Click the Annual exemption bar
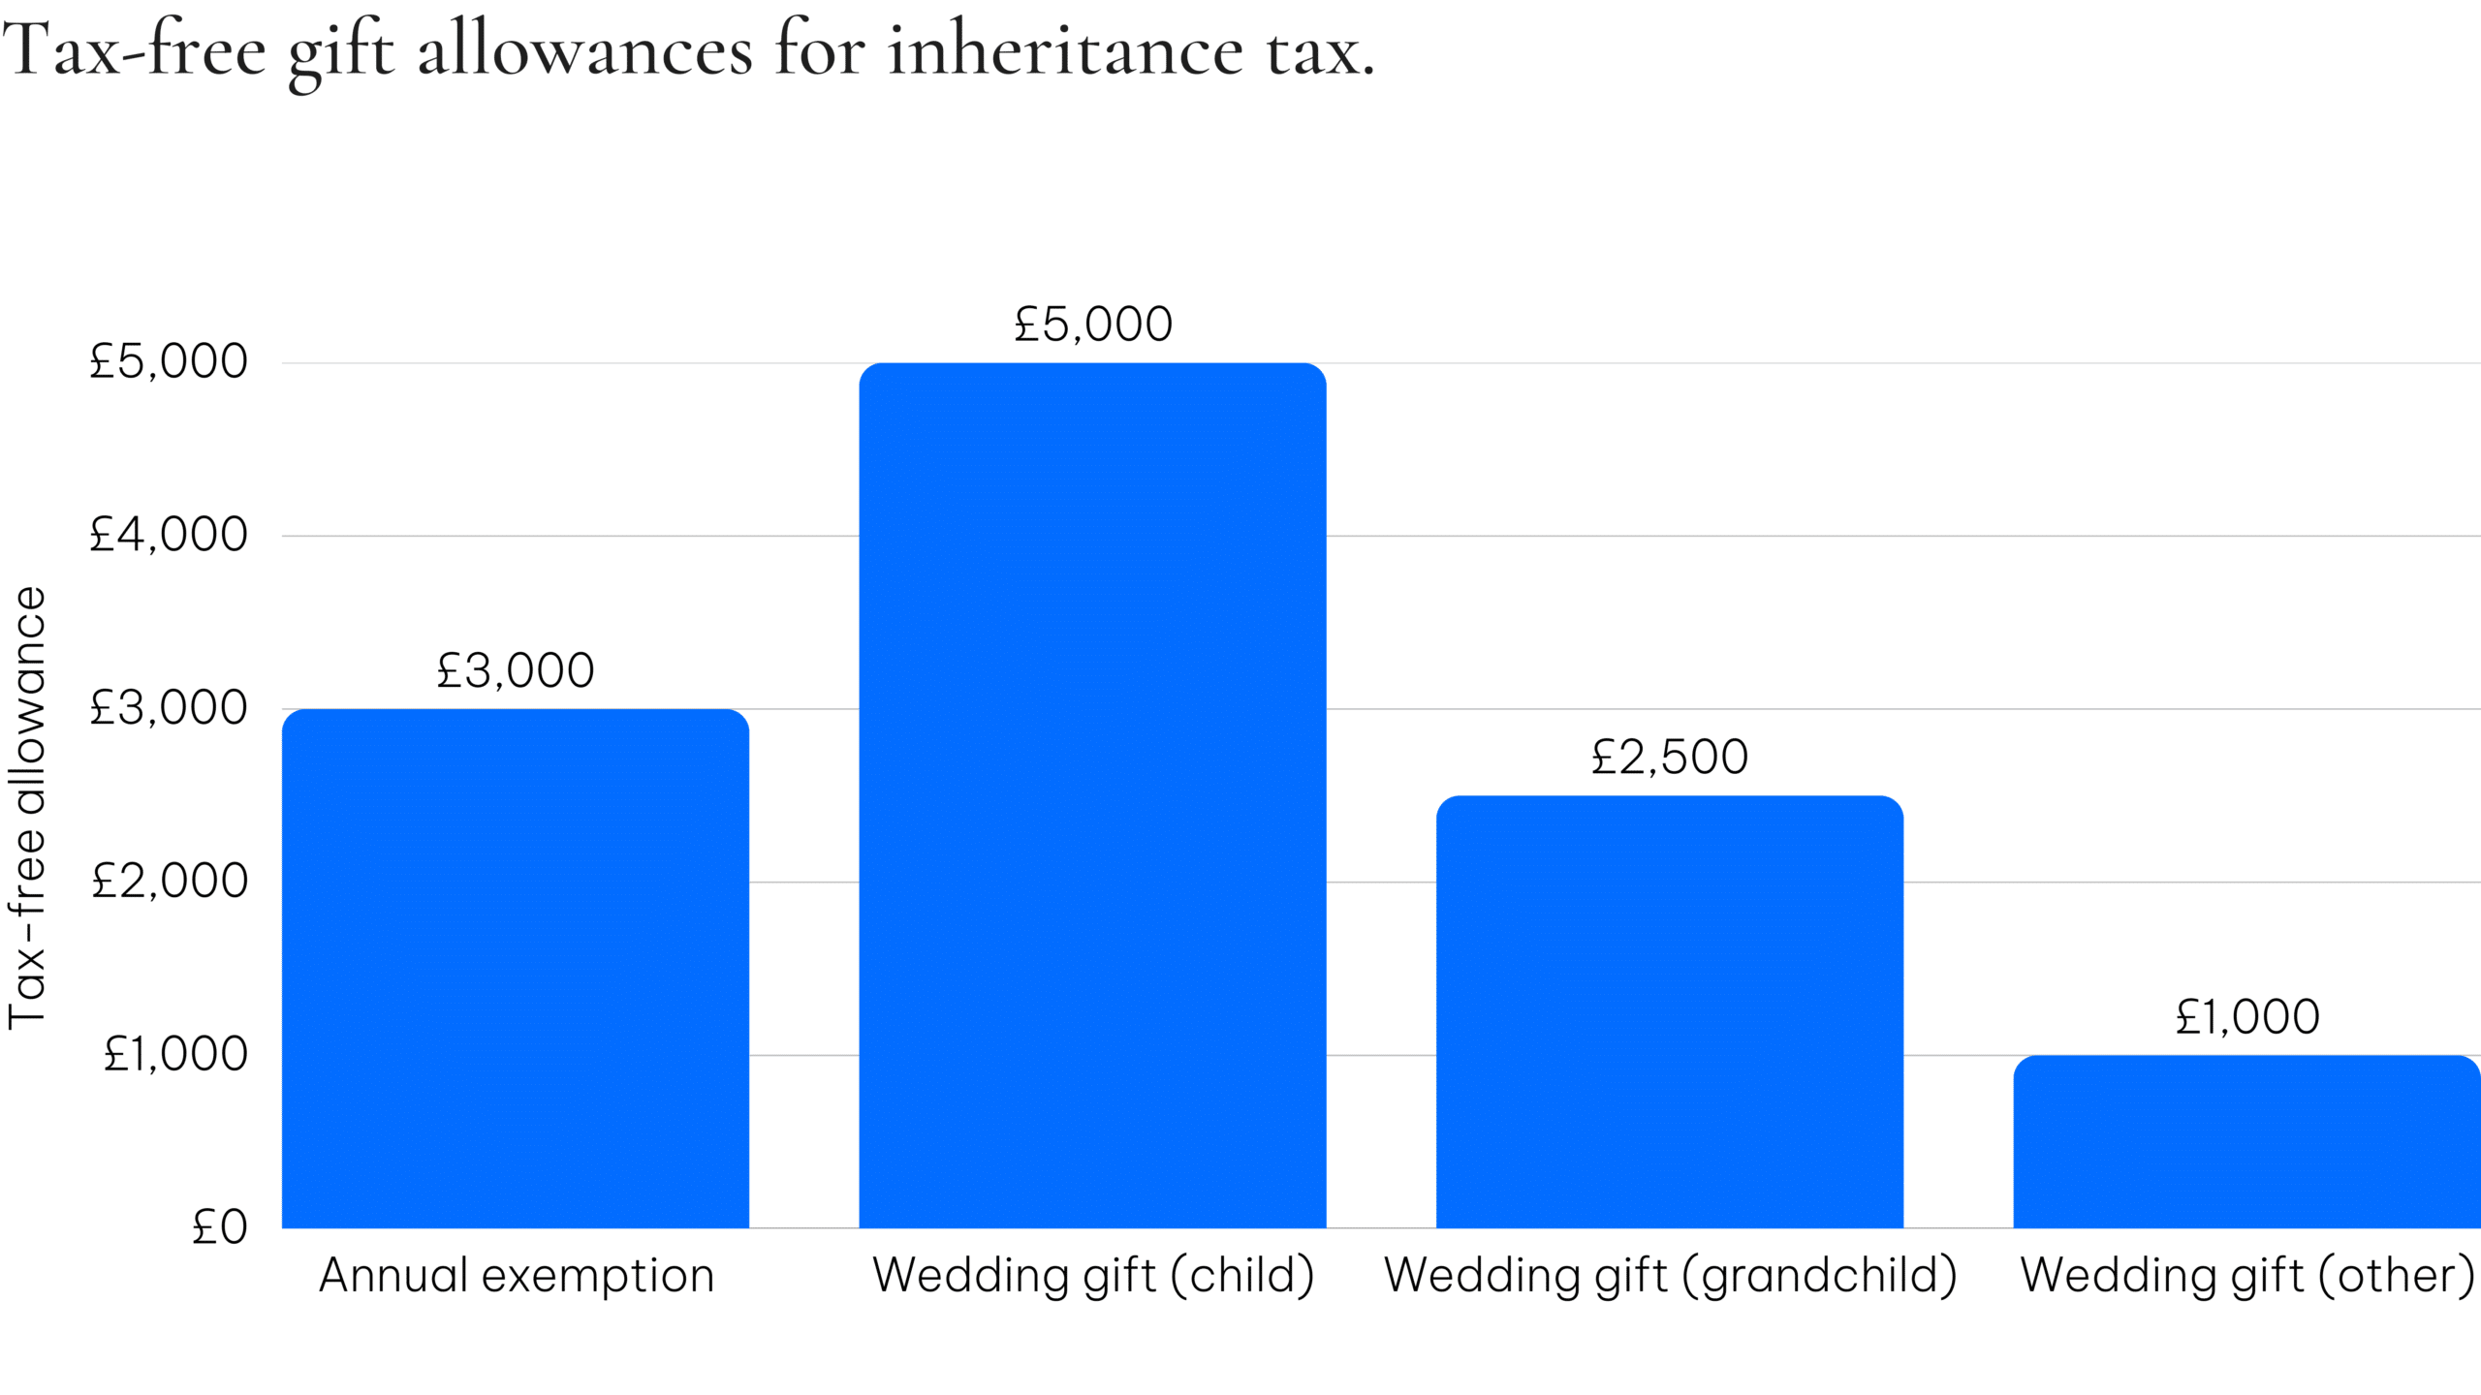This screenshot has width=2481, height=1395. (x=515, y=969)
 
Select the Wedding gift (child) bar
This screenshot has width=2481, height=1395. (x=1092, y=794)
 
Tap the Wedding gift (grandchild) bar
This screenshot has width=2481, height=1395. (x=1669, y=1011)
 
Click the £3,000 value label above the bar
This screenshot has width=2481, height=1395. (x=515, y=670)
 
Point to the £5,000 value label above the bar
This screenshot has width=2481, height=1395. (x=1092, y=325)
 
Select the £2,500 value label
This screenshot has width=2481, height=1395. (x=1669, y=757)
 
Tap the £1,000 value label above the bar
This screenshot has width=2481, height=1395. (x=2246, y=1017)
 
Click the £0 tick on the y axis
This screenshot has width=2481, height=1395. (x=220, y=1227)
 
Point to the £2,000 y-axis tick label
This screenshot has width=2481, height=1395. (x=170, y=882)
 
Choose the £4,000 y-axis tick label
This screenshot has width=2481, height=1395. (x=169, y=535)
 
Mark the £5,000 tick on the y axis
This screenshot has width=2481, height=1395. (x=169, y=361)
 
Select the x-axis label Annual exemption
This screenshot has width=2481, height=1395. (x=517, y=1275)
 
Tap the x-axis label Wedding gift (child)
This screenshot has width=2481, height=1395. (x=1093, y=1275)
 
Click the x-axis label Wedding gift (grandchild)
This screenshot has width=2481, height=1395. (x=1670, y=1275)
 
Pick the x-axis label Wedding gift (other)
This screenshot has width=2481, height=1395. (x=2246, y=1275)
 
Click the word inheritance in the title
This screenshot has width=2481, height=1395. (x=1065, y=50)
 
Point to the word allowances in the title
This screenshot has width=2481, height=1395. (x=584, y=50)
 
